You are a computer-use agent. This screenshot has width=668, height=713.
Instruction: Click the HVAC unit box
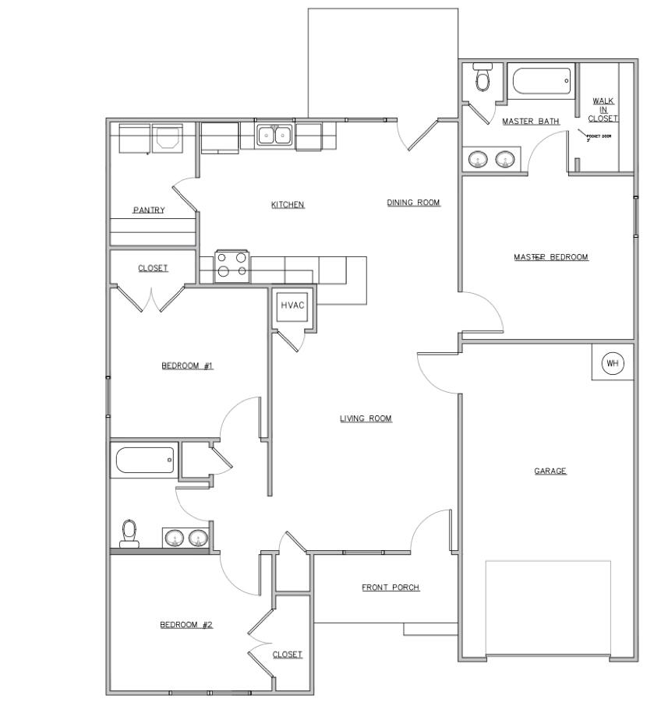click(293, 305)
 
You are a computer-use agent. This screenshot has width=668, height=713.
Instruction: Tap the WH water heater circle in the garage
click(613, 363)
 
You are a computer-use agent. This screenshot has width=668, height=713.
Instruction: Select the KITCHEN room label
click(288, 205)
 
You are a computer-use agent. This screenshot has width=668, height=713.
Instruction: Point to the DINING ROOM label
click(413, 203)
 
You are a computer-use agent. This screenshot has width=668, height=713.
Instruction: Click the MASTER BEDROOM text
click(550, 257)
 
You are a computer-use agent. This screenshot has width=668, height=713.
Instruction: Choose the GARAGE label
click(550, 471)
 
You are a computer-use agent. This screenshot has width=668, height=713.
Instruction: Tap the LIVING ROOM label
click(366, 418)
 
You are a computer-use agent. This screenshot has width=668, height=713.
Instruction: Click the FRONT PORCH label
click(391, 588)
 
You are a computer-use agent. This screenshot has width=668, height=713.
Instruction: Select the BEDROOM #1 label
click(187, 365)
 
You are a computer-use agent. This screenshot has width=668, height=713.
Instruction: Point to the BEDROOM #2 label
click(186, 624)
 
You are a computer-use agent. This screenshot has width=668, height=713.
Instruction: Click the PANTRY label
click(148, 210)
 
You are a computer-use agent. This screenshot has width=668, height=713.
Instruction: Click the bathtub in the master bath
click(541, 80)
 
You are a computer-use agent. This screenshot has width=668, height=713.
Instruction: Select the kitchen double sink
click(274, 136)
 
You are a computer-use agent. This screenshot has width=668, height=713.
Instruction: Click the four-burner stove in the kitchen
click(232, 264)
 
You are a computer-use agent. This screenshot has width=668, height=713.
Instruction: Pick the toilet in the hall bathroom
click(130, 533)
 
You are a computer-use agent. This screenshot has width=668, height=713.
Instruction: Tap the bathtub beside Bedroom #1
click(145, 460)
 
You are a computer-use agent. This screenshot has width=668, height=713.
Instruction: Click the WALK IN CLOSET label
click(603, 110)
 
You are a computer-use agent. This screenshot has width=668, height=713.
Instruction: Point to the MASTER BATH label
click(530, 122)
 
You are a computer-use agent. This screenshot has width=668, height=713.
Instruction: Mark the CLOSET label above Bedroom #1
click(153, 268)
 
